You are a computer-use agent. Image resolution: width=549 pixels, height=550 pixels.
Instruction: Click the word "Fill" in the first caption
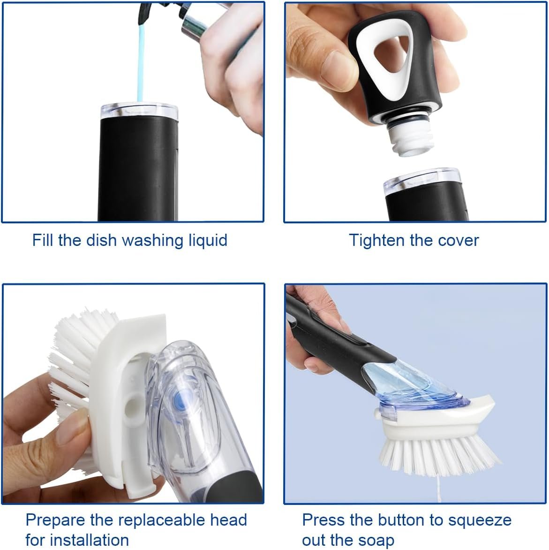[x=43, y=240]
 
